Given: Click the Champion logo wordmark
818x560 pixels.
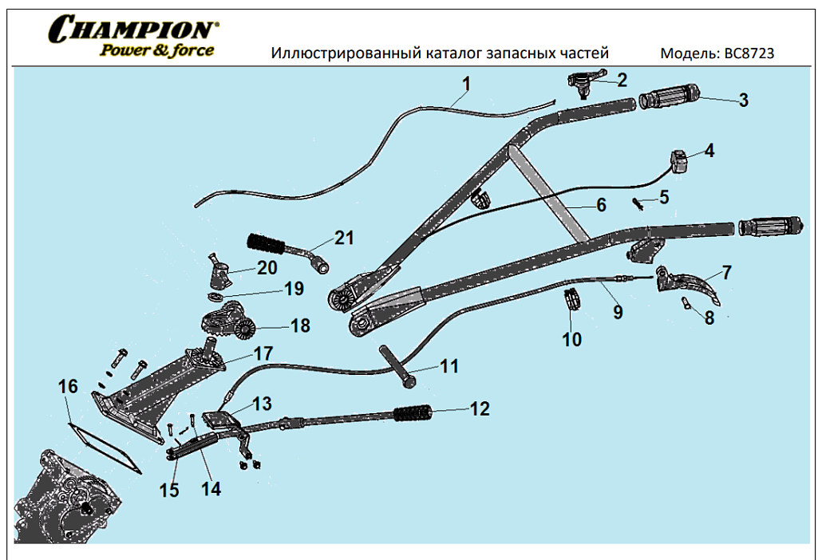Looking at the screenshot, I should point(132,30).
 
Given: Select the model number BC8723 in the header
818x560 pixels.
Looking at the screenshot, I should point(749,53).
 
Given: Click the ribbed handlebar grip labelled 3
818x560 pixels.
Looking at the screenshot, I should point(668,99).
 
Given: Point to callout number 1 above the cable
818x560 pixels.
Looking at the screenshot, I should point(466,84).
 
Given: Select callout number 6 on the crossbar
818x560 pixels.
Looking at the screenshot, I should point(601,204).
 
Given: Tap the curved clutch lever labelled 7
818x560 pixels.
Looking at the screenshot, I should point(691,285).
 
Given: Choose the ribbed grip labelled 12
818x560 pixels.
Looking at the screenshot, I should point(413,413).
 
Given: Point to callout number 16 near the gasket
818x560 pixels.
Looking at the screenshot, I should point(69,386).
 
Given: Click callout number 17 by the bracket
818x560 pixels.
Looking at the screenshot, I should point(263,353).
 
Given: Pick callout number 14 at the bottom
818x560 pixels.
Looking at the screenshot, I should point(211,487).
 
